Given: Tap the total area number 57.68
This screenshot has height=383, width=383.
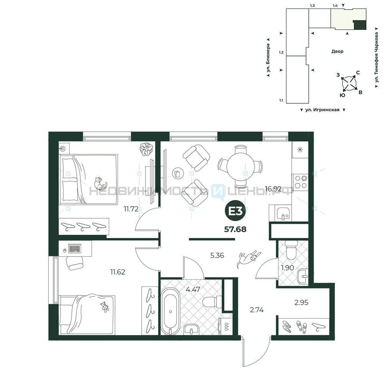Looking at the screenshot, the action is [x=235, y=229].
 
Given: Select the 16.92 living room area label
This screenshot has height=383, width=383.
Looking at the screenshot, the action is [x=273, y=189].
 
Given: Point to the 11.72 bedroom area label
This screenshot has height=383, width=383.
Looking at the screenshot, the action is [x=131, y=209].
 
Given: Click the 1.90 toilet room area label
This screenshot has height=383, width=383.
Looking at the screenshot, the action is [x=287, y=268].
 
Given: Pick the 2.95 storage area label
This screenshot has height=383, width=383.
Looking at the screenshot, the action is [x=301, y=303].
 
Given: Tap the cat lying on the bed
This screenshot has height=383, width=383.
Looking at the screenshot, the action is [x=100, y=183].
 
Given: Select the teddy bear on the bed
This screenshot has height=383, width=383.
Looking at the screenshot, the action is [x=105, y=307].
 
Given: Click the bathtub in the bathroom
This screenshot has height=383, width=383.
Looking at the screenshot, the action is [x=170, y=311].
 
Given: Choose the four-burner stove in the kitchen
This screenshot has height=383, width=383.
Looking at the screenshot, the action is [x=300, y=182].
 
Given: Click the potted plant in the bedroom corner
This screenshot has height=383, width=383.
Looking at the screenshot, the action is [x=146, y=149].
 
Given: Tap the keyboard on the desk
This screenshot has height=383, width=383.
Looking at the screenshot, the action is [x=75, y=249].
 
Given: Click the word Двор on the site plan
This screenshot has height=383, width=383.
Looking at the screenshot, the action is [x=337, y=51].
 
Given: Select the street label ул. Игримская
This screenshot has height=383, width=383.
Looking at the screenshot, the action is [x=322, y=110].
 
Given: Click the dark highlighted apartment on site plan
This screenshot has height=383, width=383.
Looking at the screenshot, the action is [x=360, y=25].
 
